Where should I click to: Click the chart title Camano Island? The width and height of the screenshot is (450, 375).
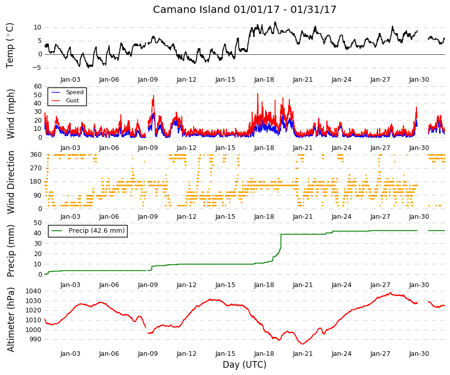[x=192, y=9]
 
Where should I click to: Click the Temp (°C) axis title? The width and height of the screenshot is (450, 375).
[x=10, y=46]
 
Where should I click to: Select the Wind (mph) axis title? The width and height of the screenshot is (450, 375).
[x=10, y=114]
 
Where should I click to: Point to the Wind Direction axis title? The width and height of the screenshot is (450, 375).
[x=10, y=182]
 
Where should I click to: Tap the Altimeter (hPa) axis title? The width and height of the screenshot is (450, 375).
[x=10, y=320]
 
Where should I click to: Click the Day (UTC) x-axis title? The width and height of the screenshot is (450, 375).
[x=244, y=365]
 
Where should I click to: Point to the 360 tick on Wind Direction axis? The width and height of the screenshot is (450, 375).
[x=36, y=155]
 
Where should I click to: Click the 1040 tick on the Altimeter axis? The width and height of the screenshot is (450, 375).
[x=33, y=291]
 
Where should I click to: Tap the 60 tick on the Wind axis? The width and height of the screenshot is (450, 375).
[x=38, y=86]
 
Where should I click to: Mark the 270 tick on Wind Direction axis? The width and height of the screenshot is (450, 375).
[x=36, y=168]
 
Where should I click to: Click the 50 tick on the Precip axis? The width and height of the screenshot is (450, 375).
[x=38, y=223]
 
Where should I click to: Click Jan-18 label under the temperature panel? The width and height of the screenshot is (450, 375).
[x=264, y=80]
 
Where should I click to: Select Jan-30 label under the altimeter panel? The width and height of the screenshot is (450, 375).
[x=419, y=354]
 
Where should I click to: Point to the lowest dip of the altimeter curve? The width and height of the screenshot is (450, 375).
[x=302, y=343]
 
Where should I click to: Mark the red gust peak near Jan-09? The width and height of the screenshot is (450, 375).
[x=153, y=95]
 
